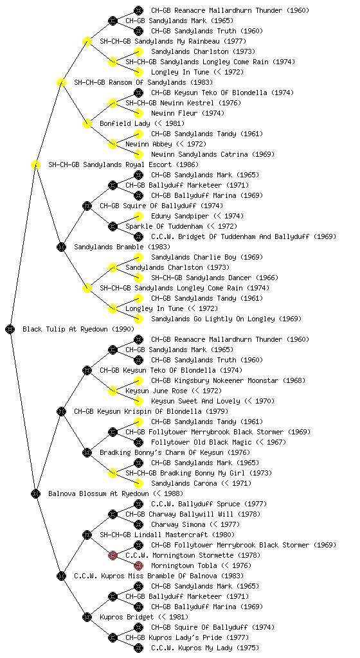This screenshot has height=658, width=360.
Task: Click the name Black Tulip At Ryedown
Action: click(x=65, y=329)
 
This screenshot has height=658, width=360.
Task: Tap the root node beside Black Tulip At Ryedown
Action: click(x=10, y=329)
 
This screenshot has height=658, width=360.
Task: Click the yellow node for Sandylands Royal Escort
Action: click(x=35, y=164)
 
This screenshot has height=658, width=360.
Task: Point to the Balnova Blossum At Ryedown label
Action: click(x=98, y=493)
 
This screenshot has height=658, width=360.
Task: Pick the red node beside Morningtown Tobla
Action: click(x=138, y=565)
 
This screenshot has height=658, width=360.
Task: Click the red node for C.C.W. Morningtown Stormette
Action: click(x=113, y=555)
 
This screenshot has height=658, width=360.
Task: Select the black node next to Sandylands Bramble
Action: click(x=61, y=247)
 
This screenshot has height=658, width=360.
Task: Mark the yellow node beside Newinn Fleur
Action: click(x=138, y=113)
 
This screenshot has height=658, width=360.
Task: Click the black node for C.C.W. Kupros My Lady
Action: click(x=138, y=648)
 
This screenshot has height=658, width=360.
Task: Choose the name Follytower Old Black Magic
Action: click(x=201, y=442)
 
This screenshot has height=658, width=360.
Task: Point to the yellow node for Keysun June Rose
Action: click(x=113, y=391)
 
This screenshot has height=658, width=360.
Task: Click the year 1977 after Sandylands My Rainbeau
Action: click(x=235, y=41)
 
